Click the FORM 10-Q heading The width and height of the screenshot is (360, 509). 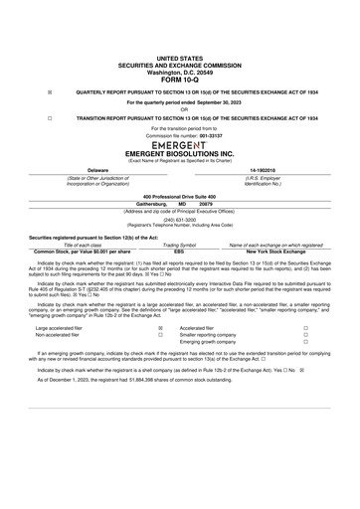179,80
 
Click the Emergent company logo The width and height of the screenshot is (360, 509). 179,144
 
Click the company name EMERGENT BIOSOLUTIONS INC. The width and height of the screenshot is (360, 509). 179,154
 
